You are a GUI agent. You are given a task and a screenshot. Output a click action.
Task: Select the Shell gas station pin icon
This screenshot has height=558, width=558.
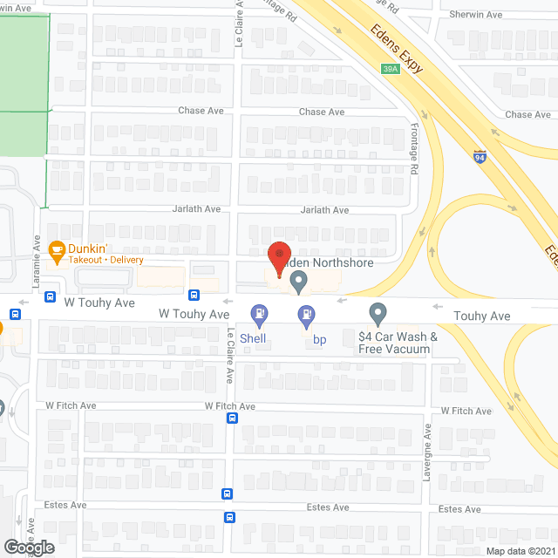(259, 313)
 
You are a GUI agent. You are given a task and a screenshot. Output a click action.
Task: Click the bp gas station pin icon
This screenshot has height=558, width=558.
(306, 313)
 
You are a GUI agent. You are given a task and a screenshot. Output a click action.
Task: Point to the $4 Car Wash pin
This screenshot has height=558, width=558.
(378, 312)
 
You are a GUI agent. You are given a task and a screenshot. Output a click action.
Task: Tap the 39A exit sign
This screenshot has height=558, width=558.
(391, 70)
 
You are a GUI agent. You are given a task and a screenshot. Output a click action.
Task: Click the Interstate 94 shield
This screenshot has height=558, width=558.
(480, 157)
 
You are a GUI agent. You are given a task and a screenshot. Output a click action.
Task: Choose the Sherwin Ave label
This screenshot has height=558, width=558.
(476, 15)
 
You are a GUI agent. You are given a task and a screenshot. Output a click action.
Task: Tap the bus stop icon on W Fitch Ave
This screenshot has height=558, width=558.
(232, 418)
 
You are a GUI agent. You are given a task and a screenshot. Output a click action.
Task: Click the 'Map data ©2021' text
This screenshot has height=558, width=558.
(520, 551)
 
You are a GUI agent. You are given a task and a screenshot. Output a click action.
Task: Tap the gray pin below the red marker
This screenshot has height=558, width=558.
(298, 282)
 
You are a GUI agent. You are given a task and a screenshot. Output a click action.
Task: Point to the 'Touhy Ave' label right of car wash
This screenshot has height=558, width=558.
(483, 316)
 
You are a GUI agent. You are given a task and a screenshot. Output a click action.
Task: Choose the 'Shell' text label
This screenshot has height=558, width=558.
(254, 339)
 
